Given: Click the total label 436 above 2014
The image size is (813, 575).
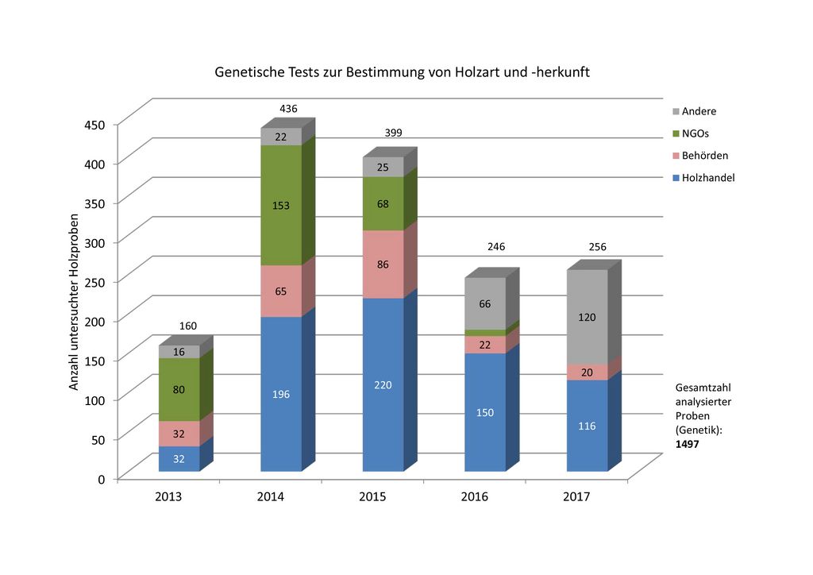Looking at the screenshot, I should (288, 108).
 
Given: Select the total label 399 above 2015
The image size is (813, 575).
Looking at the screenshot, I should (393, 133).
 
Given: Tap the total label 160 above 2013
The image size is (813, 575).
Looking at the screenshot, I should (188, 326).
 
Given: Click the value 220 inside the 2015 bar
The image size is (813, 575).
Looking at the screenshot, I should (383, 384).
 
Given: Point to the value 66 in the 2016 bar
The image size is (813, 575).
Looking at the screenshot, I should (485, 304).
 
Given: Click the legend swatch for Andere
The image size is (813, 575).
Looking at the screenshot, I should (675, 111).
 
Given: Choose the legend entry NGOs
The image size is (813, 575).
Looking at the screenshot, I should (695, 133).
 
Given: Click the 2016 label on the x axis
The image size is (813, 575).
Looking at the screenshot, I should (475, 497).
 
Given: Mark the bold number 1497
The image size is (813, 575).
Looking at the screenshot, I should (687, 444).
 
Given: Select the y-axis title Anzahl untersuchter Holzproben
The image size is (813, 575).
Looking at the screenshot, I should (74, 302).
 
